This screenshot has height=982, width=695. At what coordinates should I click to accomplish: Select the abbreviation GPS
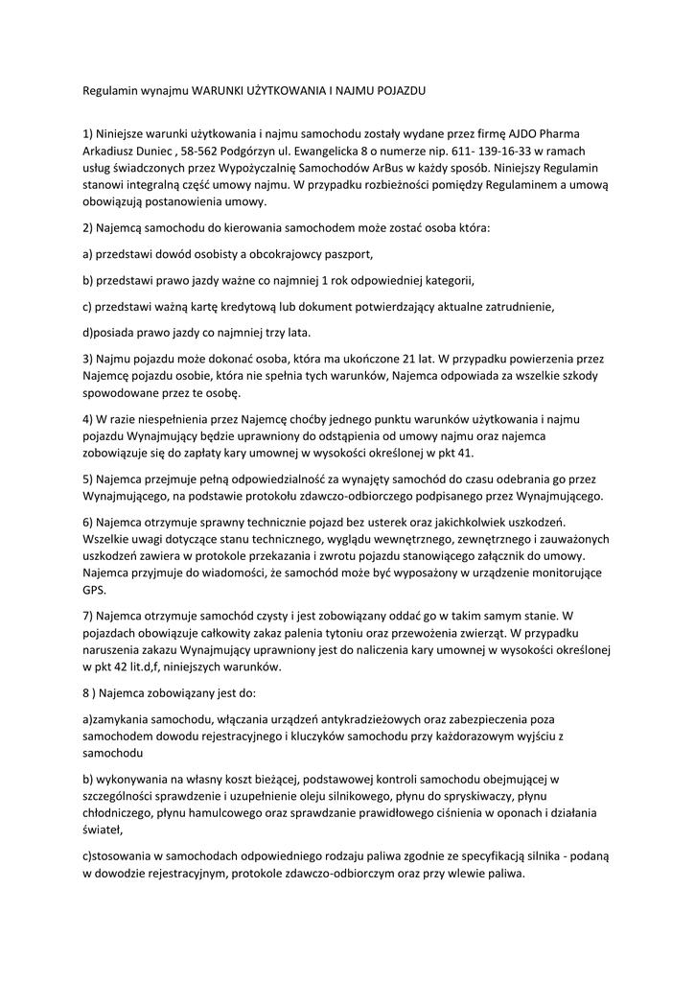tap(93, 590)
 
